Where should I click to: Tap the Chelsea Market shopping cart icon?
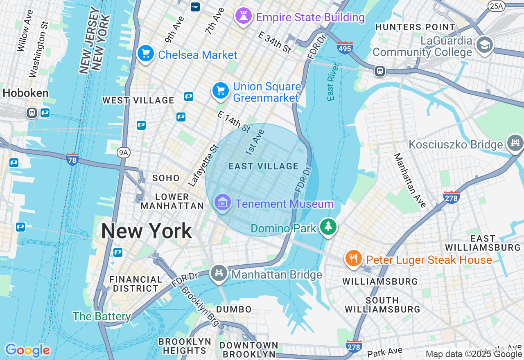(x=145, y=54)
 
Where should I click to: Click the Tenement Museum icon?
(x=222, y=202)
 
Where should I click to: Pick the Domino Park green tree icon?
(x=328, y=227)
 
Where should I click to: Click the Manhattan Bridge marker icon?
(x=219, y=273)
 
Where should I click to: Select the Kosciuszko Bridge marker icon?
(x=515, y=143)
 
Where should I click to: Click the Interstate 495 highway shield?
(x=345, y=48)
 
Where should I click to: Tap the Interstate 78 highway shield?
(x=72, y=159)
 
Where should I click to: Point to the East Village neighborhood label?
(x=263, y=166)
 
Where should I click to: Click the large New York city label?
(x=147, y=231)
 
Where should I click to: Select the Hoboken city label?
(x=25, y=93)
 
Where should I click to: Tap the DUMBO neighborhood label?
(x=234, y=309)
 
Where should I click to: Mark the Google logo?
(x=27, y=350)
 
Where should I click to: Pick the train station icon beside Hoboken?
(x=32, y=112)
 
